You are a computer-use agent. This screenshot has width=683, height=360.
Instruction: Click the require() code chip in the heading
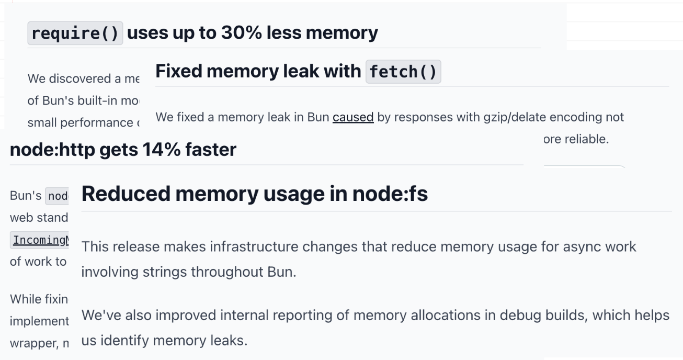pyautogui.click(x=75, y=33)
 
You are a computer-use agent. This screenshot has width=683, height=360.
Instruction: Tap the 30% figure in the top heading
pyautogui.click(x=239, y=33)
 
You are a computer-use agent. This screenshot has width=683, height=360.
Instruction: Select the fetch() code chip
pyautogui.click(x=403, y=71)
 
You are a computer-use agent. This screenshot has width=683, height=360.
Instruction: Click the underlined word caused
pyautogui.click(x=353, y=117)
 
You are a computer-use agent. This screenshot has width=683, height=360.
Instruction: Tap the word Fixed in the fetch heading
pyautogui.click(x=180, y=71)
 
